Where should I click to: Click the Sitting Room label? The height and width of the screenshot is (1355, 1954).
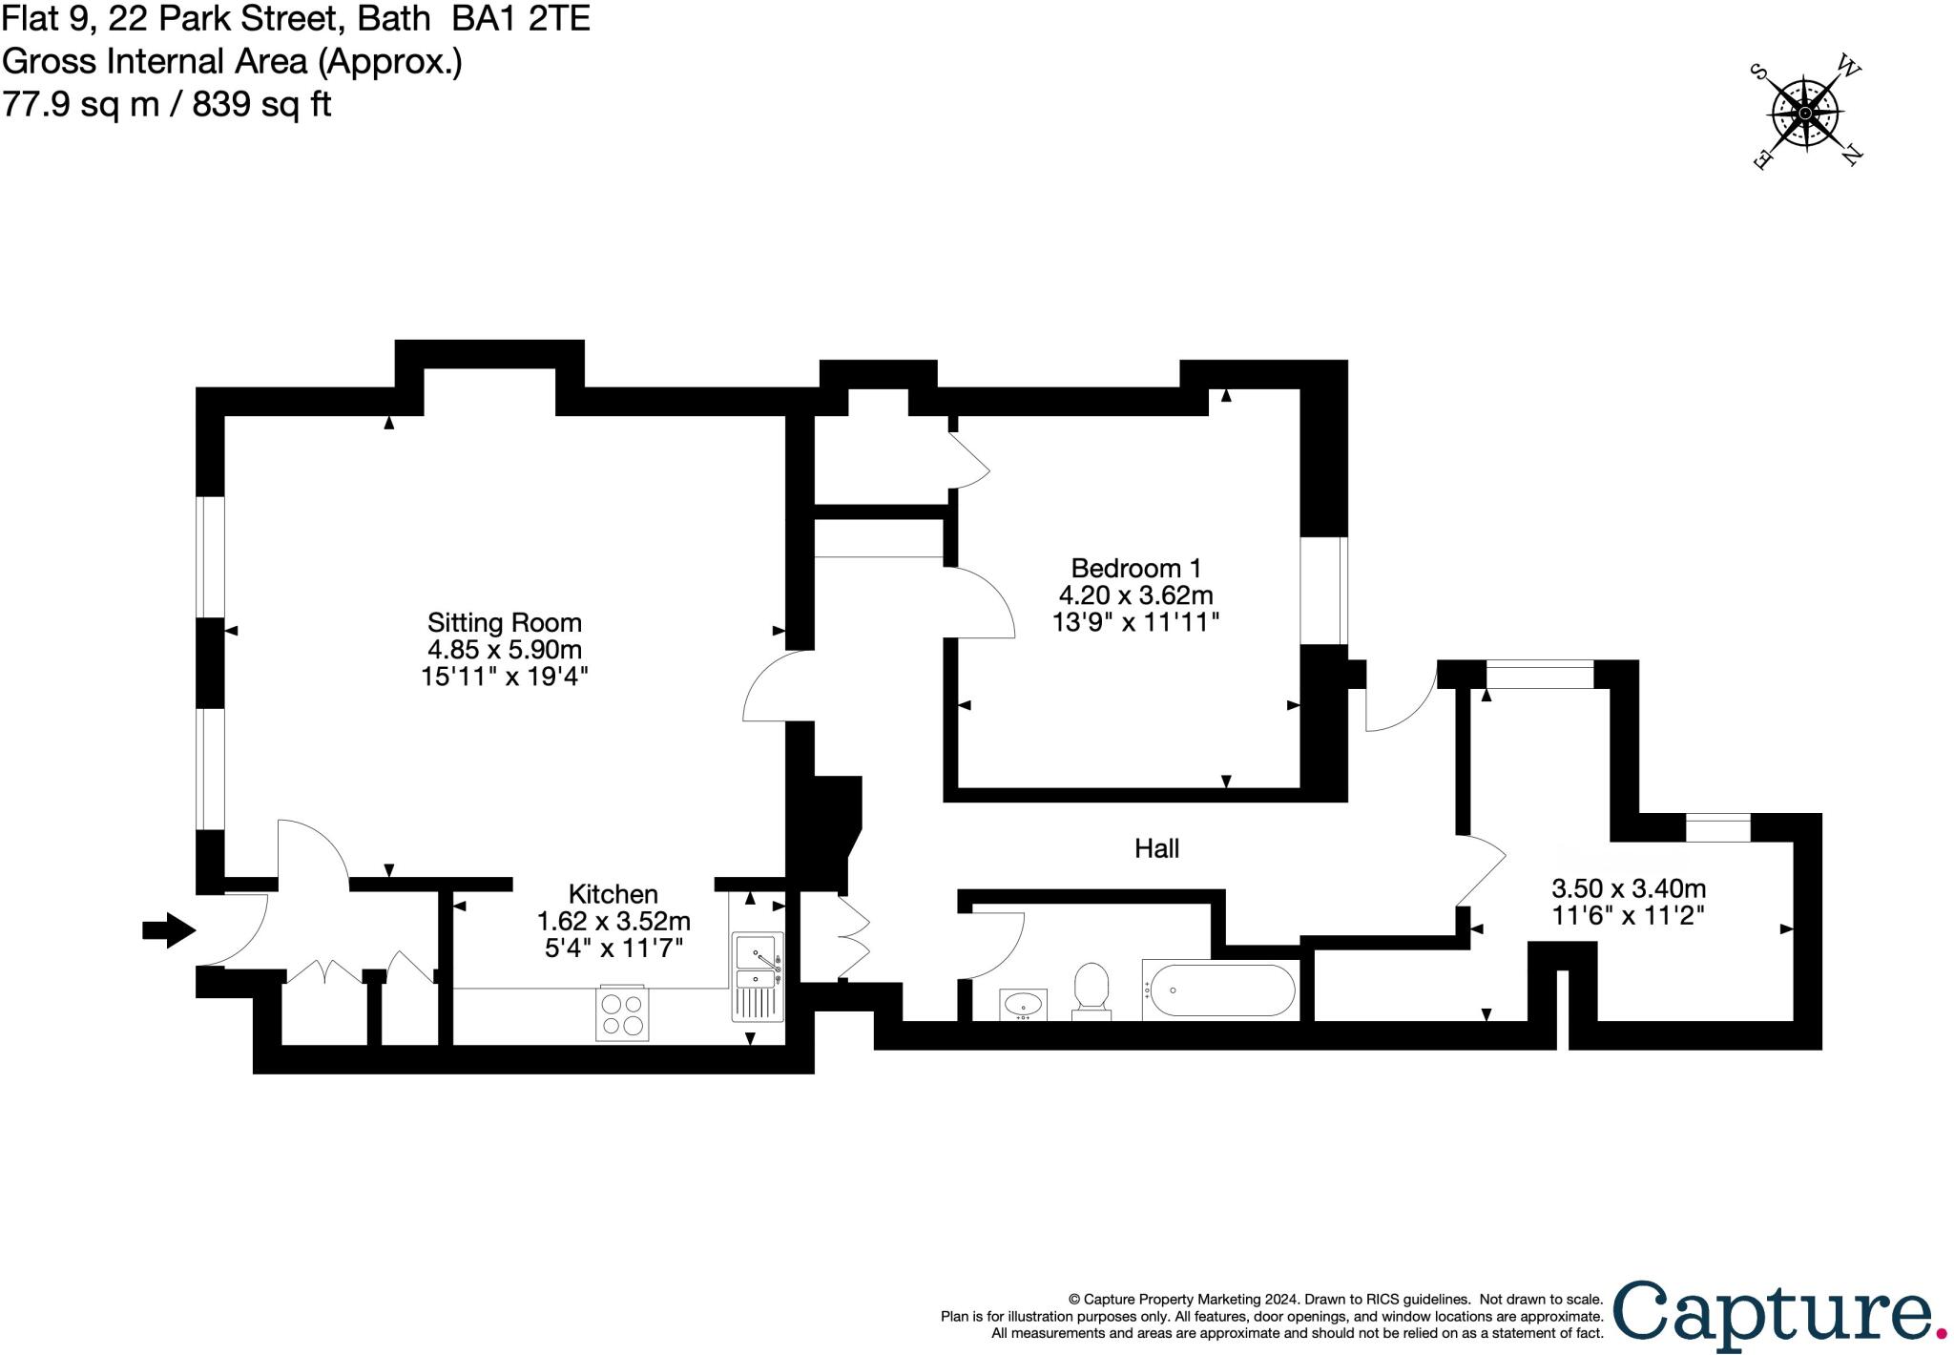504,623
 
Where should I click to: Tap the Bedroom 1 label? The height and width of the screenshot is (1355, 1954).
1135,569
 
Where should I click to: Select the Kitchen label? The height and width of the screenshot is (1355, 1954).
613,894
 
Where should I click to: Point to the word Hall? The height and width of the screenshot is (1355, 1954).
1156,848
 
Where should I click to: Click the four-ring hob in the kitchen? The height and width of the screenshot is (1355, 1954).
621,1013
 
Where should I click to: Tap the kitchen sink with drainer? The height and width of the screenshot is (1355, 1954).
759,975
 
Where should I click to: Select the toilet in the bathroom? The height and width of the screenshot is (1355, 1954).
1091,989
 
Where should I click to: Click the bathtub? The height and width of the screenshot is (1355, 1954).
1219,990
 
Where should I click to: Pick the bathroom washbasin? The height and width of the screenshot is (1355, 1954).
1024,1004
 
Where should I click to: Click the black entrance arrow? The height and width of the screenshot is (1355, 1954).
168,930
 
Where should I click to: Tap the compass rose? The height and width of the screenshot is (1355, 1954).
1805,115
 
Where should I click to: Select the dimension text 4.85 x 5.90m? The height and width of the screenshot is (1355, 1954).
504,650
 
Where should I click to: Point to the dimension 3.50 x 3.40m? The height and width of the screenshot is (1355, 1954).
1629,889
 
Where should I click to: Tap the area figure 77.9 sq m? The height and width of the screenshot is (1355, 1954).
81,103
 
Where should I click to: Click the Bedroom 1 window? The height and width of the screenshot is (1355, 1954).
1324,591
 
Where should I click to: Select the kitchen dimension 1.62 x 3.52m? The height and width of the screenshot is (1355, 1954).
613,922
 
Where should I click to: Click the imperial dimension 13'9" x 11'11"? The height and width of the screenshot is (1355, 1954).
1135,622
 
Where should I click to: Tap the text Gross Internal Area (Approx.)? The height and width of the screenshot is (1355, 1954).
232,61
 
